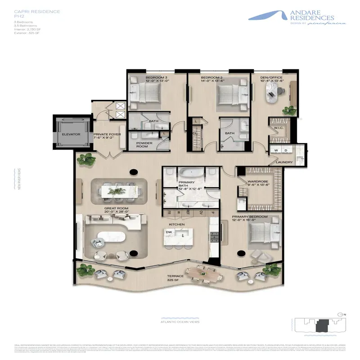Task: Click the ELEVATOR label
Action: click(x=71, y=134)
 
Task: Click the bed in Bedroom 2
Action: click(x=231, y=97)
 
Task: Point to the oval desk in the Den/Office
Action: click(x=273, y=95)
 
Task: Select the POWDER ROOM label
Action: click(x=145, y=145)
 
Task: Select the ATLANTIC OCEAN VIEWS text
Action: click(x=180, y=321)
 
